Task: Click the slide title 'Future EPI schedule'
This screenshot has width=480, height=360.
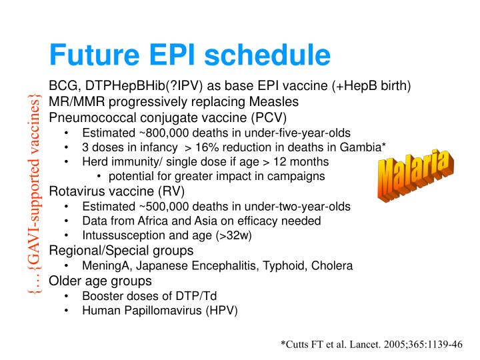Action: coord(190,55)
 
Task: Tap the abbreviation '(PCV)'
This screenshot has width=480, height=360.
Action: coord(267,117)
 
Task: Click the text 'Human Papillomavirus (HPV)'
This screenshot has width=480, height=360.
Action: coord(159,310)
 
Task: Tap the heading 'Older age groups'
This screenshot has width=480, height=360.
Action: coord(100,280)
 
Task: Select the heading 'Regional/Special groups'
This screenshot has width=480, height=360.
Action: coord(121,250)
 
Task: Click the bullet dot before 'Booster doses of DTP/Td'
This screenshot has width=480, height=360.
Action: coord(68,295)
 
